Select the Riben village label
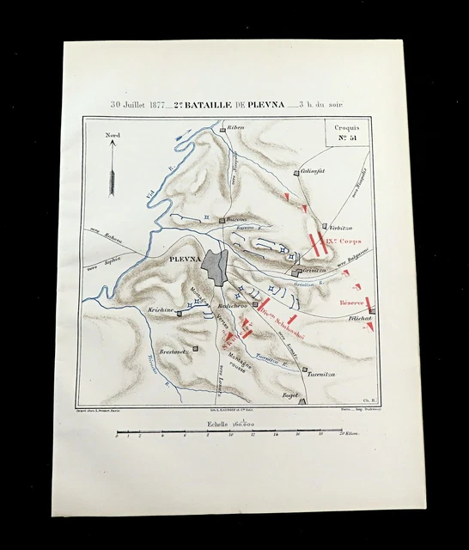click(x=234, y=127)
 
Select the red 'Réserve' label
click(x=352, y=302)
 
